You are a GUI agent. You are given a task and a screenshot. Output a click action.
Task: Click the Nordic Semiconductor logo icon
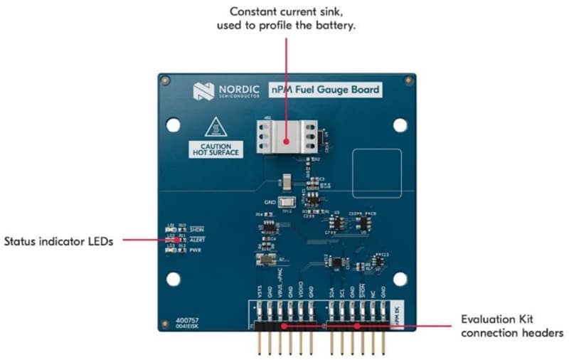click(x=203, y=90)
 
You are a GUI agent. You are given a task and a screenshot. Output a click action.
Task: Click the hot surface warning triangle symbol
click(x=216, y=129)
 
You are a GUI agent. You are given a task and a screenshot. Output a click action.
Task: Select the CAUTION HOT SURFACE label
click(x=216, y=149)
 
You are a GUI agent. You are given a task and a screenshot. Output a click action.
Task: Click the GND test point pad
click(x=287, y=202)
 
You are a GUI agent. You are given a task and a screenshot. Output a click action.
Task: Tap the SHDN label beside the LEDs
click(x=197, y=228)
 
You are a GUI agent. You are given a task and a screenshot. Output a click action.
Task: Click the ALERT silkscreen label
click(x=197, y=240)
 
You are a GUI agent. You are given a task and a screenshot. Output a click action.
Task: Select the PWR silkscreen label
click(x=195, y=251)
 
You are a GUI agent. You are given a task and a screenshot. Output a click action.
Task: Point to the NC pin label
click(x=373, y=292)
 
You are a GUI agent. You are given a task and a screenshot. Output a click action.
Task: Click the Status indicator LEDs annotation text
click(x=58, y=240)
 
